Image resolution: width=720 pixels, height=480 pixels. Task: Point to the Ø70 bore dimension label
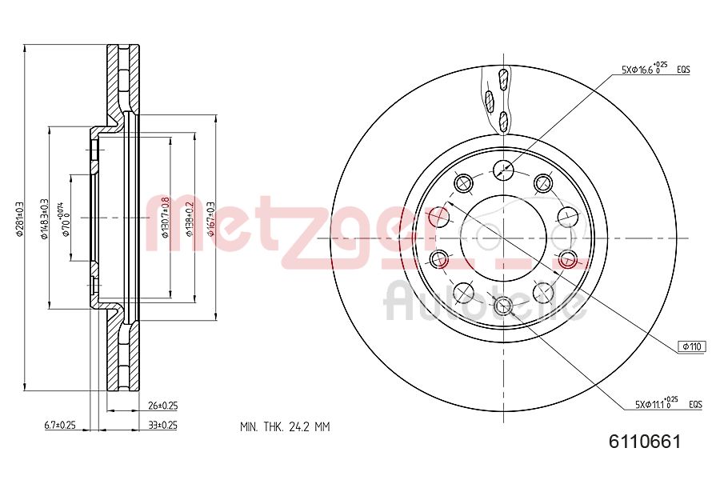(x=66, y=217)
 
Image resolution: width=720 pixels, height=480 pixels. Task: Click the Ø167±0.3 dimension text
(x=211, y=217)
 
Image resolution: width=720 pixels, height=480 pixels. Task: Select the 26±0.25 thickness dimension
(x=163, y=406)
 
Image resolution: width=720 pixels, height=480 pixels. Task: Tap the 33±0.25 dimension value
(x=163, y=425)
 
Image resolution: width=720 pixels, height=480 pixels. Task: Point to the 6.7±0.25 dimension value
(x=60, y=425)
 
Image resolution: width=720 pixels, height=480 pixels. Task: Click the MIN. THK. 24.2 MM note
(x=285, y=426)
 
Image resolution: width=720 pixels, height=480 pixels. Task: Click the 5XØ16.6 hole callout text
(x=644, y=70)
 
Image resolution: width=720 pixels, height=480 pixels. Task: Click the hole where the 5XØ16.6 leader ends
(x=503, y=168)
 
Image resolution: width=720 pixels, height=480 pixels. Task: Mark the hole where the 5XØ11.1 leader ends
(x=503, y=305)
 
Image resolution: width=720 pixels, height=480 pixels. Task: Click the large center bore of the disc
(x=503, y=238)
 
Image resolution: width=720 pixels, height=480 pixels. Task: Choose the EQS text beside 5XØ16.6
(x=683, y=70)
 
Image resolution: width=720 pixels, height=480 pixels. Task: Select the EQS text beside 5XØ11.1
(x=694, y=406)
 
